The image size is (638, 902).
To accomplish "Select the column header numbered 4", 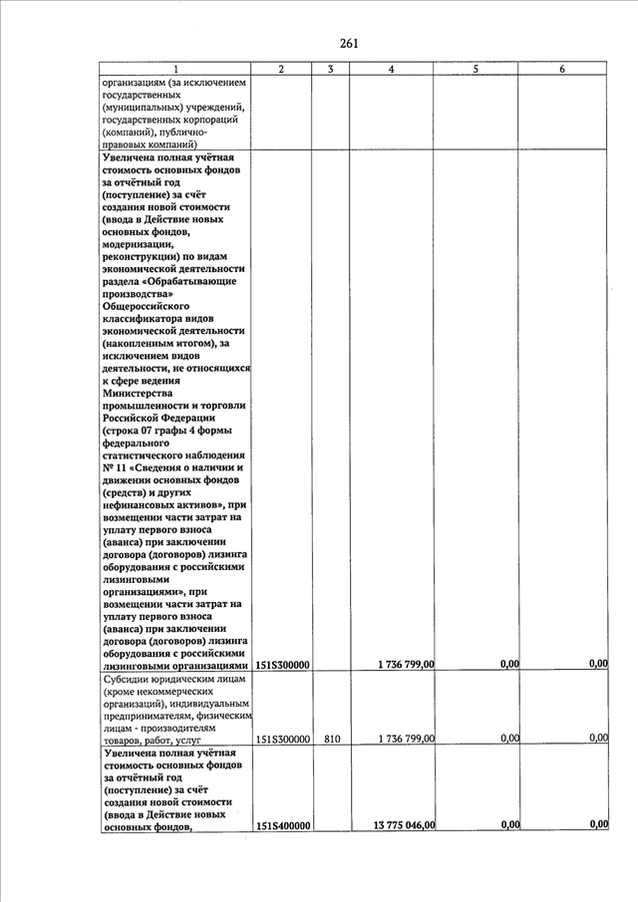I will click(x=390, y=69).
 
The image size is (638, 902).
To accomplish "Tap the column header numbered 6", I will click(x=563, y=69).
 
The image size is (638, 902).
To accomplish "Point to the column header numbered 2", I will click(x=281, y=69).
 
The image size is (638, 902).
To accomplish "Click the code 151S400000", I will click(x=284, y=826).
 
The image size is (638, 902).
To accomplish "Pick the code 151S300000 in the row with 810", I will click(x=284, y=741).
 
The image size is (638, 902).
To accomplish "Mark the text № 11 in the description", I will click(x=115, y=467).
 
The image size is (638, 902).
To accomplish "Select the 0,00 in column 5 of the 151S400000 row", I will click(x=508, y=825).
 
